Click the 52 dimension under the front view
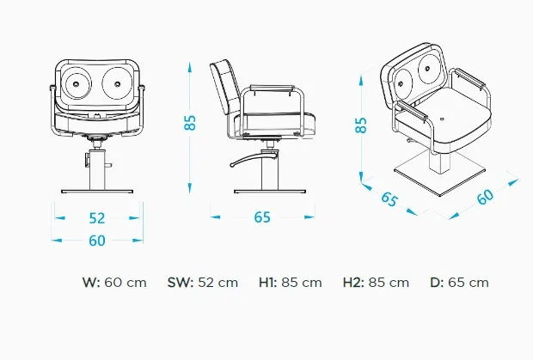97,218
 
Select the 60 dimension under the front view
97,241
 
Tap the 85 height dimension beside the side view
191,122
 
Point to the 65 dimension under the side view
261,217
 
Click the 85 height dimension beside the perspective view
362,124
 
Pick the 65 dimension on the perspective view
389,200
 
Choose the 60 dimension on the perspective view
486,196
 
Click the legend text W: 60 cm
114,282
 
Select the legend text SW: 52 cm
202,282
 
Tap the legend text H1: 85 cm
290,282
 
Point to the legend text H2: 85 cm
376,282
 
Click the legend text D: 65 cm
459,282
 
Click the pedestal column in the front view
97,168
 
